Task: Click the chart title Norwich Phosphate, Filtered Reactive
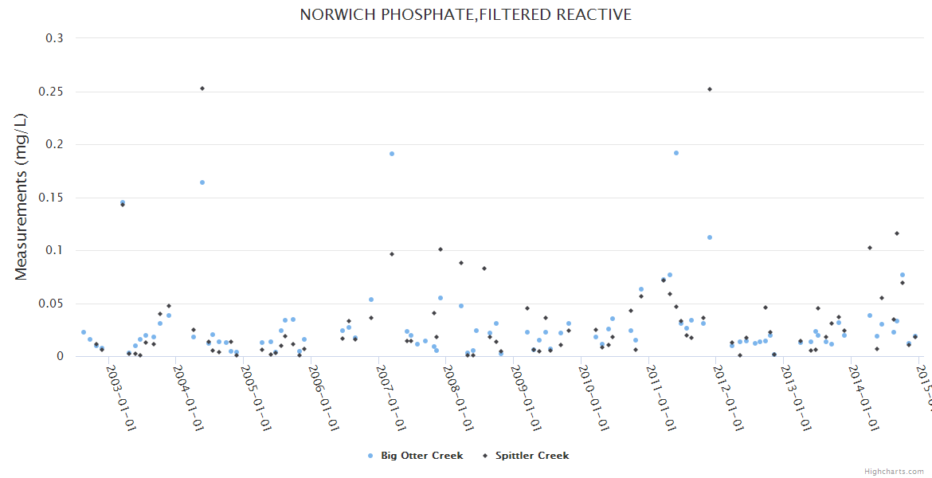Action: [x=465, y=14]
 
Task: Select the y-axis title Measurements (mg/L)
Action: [x=22, y=196]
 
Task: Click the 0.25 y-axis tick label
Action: [x=52, y=92]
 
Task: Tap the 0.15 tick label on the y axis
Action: [x=52, y=198]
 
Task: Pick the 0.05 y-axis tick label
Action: [x=52, y=304]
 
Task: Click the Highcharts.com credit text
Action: [x=895, y=472]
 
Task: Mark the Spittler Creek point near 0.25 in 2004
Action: [x=202, y=88]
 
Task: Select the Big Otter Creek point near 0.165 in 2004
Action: [x=202, y=182]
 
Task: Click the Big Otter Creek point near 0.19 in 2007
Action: [x=392, y=154]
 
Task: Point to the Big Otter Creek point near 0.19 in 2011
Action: [x=676, y=153]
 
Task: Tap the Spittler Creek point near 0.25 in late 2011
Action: [x=710, y=89]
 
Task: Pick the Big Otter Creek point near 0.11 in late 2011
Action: [x=710, y=237]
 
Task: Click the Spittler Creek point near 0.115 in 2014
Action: [x=897, y=233]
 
